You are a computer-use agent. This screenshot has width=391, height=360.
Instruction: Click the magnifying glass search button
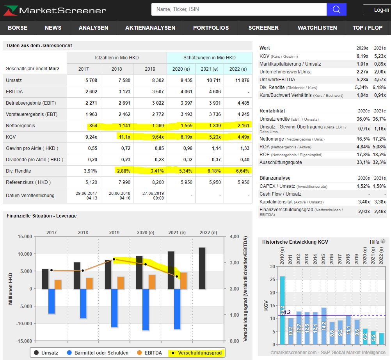coord(336,9)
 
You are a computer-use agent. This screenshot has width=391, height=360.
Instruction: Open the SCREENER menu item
coord(263,28)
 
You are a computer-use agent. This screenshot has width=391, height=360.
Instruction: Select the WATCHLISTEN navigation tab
coord(317,28)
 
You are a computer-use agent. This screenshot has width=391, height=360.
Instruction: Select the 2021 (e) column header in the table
coord(210,69)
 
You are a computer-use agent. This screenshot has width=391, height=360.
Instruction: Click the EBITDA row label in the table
coord(14,92)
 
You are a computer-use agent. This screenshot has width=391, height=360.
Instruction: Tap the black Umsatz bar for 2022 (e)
coord(202,268)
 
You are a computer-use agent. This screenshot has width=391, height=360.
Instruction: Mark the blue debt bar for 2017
coord(51,301)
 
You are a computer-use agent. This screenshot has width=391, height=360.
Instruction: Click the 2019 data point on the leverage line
coord(114,259)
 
